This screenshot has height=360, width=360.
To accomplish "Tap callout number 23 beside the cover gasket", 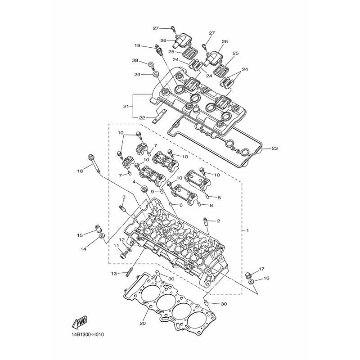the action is click(274, 148).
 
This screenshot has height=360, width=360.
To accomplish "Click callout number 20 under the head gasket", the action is click(143, 324).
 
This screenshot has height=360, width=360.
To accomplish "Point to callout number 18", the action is click(80, 171).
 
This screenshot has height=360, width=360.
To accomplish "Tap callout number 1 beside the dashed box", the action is click(247, 230).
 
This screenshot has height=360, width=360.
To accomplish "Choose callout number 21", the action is click(126, 106).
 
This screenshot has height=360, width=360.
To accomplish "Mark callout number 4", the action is click(134, 182).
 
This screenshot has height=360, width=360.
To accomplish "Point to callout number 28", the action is click(135, 60).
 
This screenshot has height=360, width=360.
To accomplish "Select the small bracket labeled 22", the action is click(160, 116).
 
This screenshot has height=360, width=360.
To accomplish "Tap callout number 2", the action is click(218, 221).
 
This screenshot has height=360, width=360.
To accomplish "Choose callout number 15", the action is click(80, 235).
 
